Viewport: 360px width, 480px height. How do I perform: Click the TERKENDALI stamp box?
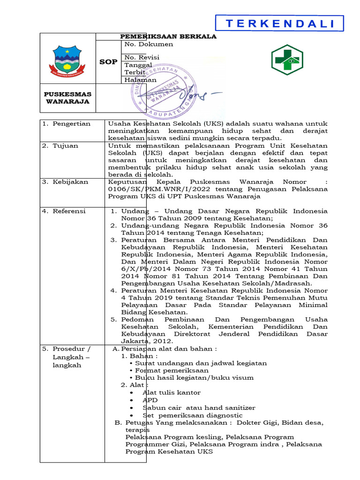point(280,24)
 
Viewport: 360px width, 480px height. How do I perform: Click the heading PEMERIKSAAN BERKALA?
point(168,37)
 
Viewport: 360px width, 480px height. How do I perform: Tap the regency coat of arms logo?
point(67,60)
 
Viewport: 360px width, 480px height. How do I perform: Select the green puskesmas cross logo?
point(287,60)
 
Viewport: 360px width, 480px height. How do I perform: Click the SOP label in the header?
point(108,62)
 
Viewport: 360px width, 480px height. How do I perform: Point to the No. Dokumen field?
point(149,45)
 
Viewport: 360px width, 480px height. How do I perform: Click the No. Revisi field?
point(142,57)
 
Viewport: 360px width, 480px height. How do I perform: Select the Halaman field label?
point(140,80)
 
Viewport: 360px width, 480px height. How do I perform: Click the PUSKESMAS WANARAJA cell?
point(67,98)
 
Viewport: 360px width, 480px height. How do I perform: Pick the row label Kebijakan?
point(68,182)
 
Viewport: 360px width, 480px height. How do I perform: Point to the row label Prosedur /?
point(71,349)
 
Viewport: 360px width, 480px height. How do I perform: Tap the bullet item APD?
point(150,400)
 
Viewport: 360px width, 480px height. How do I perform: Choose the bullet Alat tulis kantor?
point(171,392)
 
